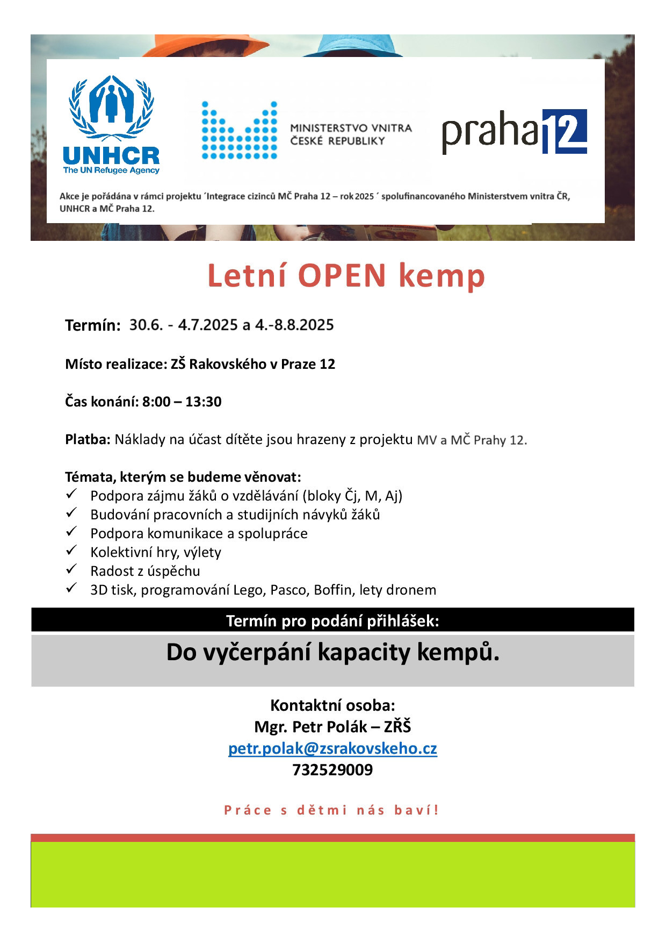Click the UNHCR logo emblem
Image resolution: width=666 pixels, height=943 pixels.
[x=111, y=108]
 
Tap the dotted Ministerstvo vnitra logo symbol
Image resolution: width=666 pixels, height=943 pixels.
[x=240, y=131]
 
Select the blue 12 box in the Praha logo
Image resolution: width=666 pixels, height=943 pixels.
[x=564, y=132]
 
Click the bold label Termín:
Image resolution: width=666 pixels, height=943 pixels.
[x=92, y=325]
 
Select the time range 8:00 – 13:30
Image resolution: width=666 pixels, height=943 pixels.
[x=182, y=402]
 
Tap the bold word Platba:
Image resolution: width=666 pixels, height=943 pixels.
[x=88, y=440]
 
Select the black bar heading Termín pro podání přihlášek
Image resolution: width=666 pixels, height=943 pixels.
[x=332, y=621]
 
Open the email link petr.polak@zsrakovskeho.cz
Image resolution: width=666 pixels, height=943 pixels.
[x=332, y=748]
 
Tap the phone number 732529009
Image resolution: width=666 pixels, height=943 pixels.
[x=332, y=770]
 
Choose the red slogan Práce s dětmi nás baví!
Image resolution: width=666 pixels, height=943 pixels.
[x=331, y=810]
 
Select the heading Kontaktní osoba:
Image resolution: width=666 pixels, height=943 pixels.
[x=332, y=705]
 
